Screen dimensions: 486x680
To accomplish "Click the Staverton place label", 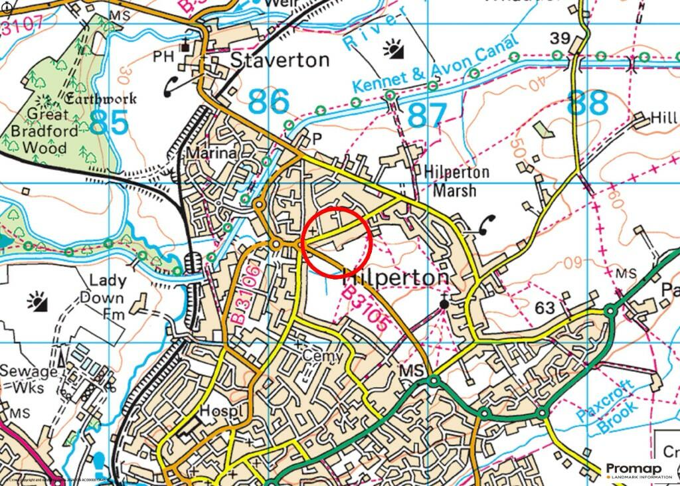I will click(280, 60).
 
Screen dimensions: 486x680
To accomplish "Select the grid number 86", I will click(269, 102).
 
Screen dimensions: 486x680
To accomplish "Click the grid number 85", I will click(108, 123).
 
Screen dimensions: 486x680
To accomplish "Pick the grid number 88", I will click(588, 103).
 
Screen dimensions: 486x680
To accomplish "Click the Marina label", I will click(211, 153).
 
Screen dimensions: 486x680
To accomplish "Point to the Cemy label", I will click(323, 356).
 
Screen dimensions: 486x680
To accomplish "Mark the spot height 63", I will click(544, 307).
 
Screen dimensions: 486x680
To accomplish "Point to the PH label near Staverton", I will click(163, 56).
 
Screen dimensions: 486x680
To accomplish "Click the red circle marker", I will click(337, 242).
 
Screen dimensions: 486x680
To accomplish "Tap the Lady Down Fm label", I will click(102, 297).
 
